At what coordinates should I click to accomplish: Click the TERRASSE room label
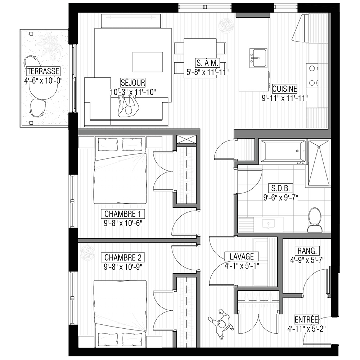(x=43, y=71)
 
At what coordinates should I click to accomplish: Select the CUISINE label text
(x=285, y=89)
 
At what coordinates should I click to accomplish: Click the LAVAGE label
(x=242, y=256)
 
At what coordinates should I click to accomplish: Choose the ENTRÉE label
(x=306, y=319)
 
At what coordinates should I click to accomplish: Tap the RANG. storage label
(x=307, y=251)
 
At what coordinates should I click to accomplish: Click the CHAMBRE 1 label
(x=123, y=214)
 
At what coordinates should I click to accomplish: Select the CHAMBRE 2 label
(x=123, y=258)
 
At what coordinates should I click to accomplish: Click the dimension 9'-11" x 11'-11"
(x=285, y=98)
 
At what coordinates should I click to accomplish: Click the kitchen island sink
(x=258, y=58)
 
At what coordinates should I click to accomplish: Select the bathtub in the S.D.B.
(x=282, y=151)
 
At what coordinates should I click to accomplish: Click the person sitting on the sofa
(x=129, y=107)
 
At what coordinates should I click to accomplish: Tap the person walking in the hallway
(x=221, y=324)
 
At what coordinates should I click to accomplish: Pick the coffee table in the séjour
(x=148, y=62)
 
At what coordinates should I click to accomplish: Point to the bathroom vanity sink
(x=269, y=223)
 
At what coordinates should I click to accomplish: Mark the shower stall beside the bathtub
(x=319, y=163)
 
